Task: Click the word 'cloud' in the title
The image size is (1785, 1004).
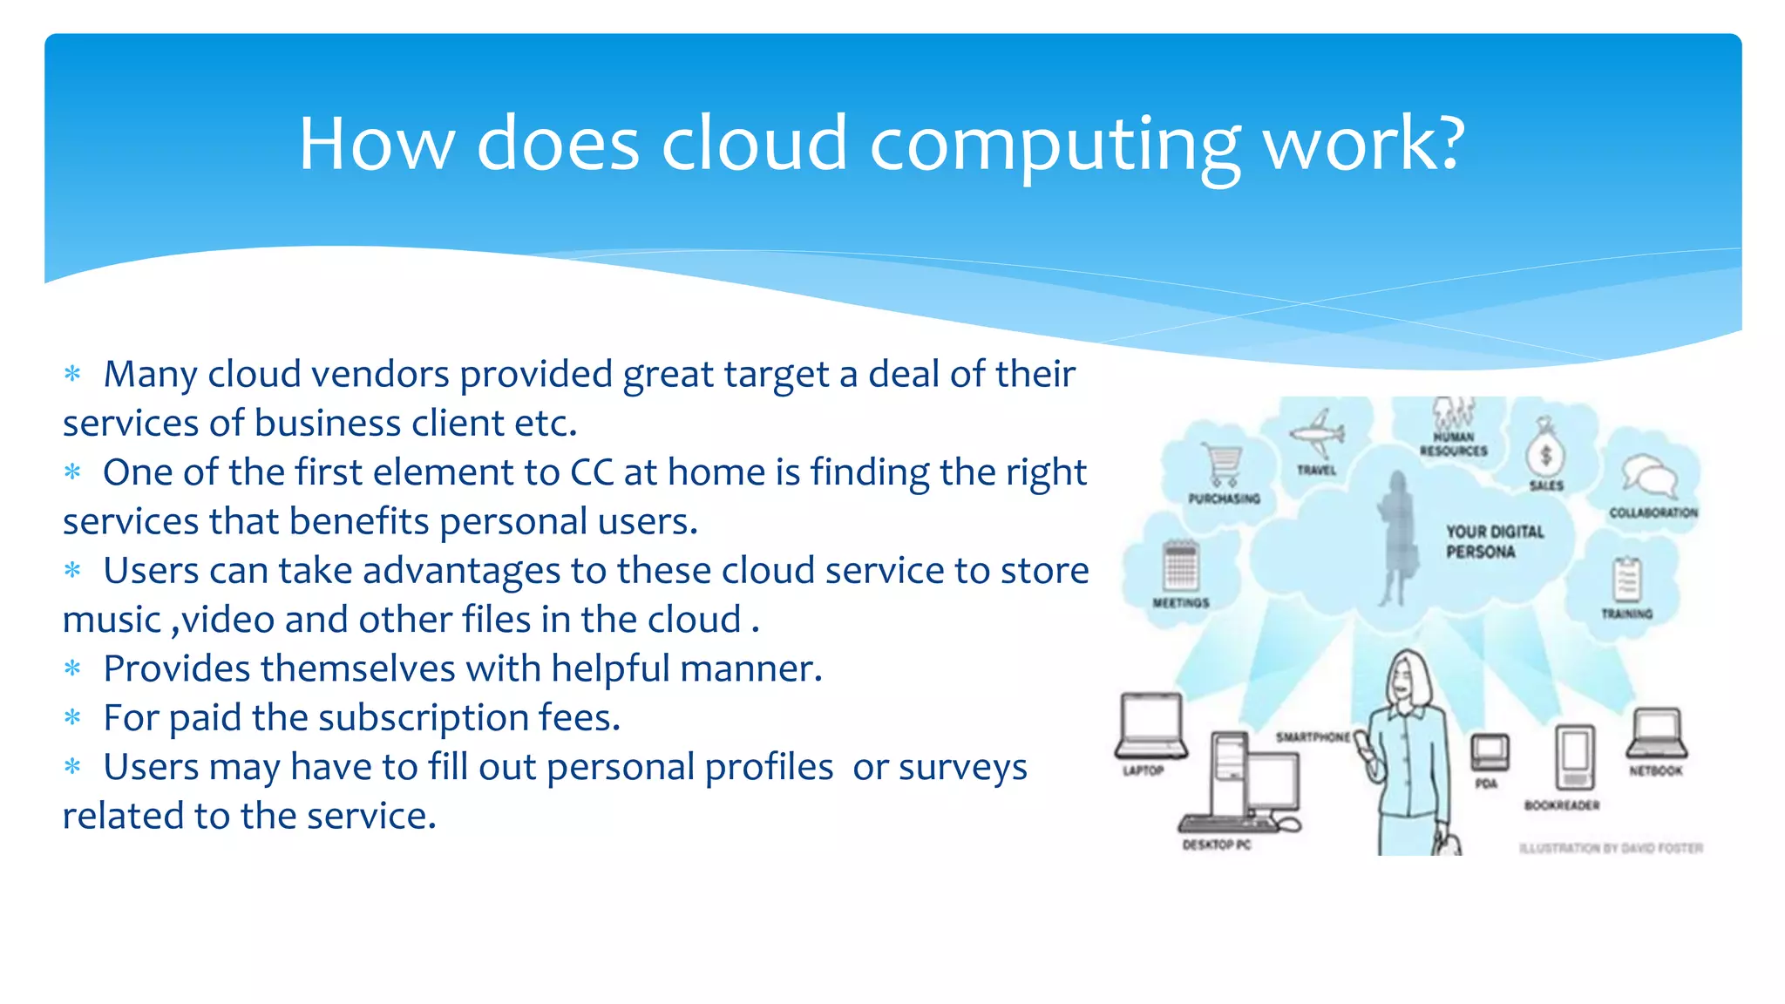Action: pyautogui.click(x=754, y=144)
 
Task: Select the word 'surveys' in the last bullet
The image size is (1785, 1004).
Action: pyautogui.click(x=962, y=768)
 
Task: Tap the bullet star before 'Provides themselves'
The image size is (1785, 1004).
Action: pyautogui.click(x=72, y=669)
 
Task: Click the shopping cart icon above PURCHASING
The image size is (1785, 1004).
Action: pyautogui.click(x=1223, y=465)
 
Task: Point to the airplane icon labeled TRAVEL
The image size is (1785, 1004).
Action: pyautogui.click(x=1317, y=433)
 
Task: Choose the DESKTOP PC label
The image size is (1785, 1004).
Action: pyautogui.click(x=1216, y=845)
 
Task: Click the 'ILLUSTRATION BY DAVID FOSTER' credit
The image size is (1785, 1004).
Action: pyautogui.click(x=1611, y=848)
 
